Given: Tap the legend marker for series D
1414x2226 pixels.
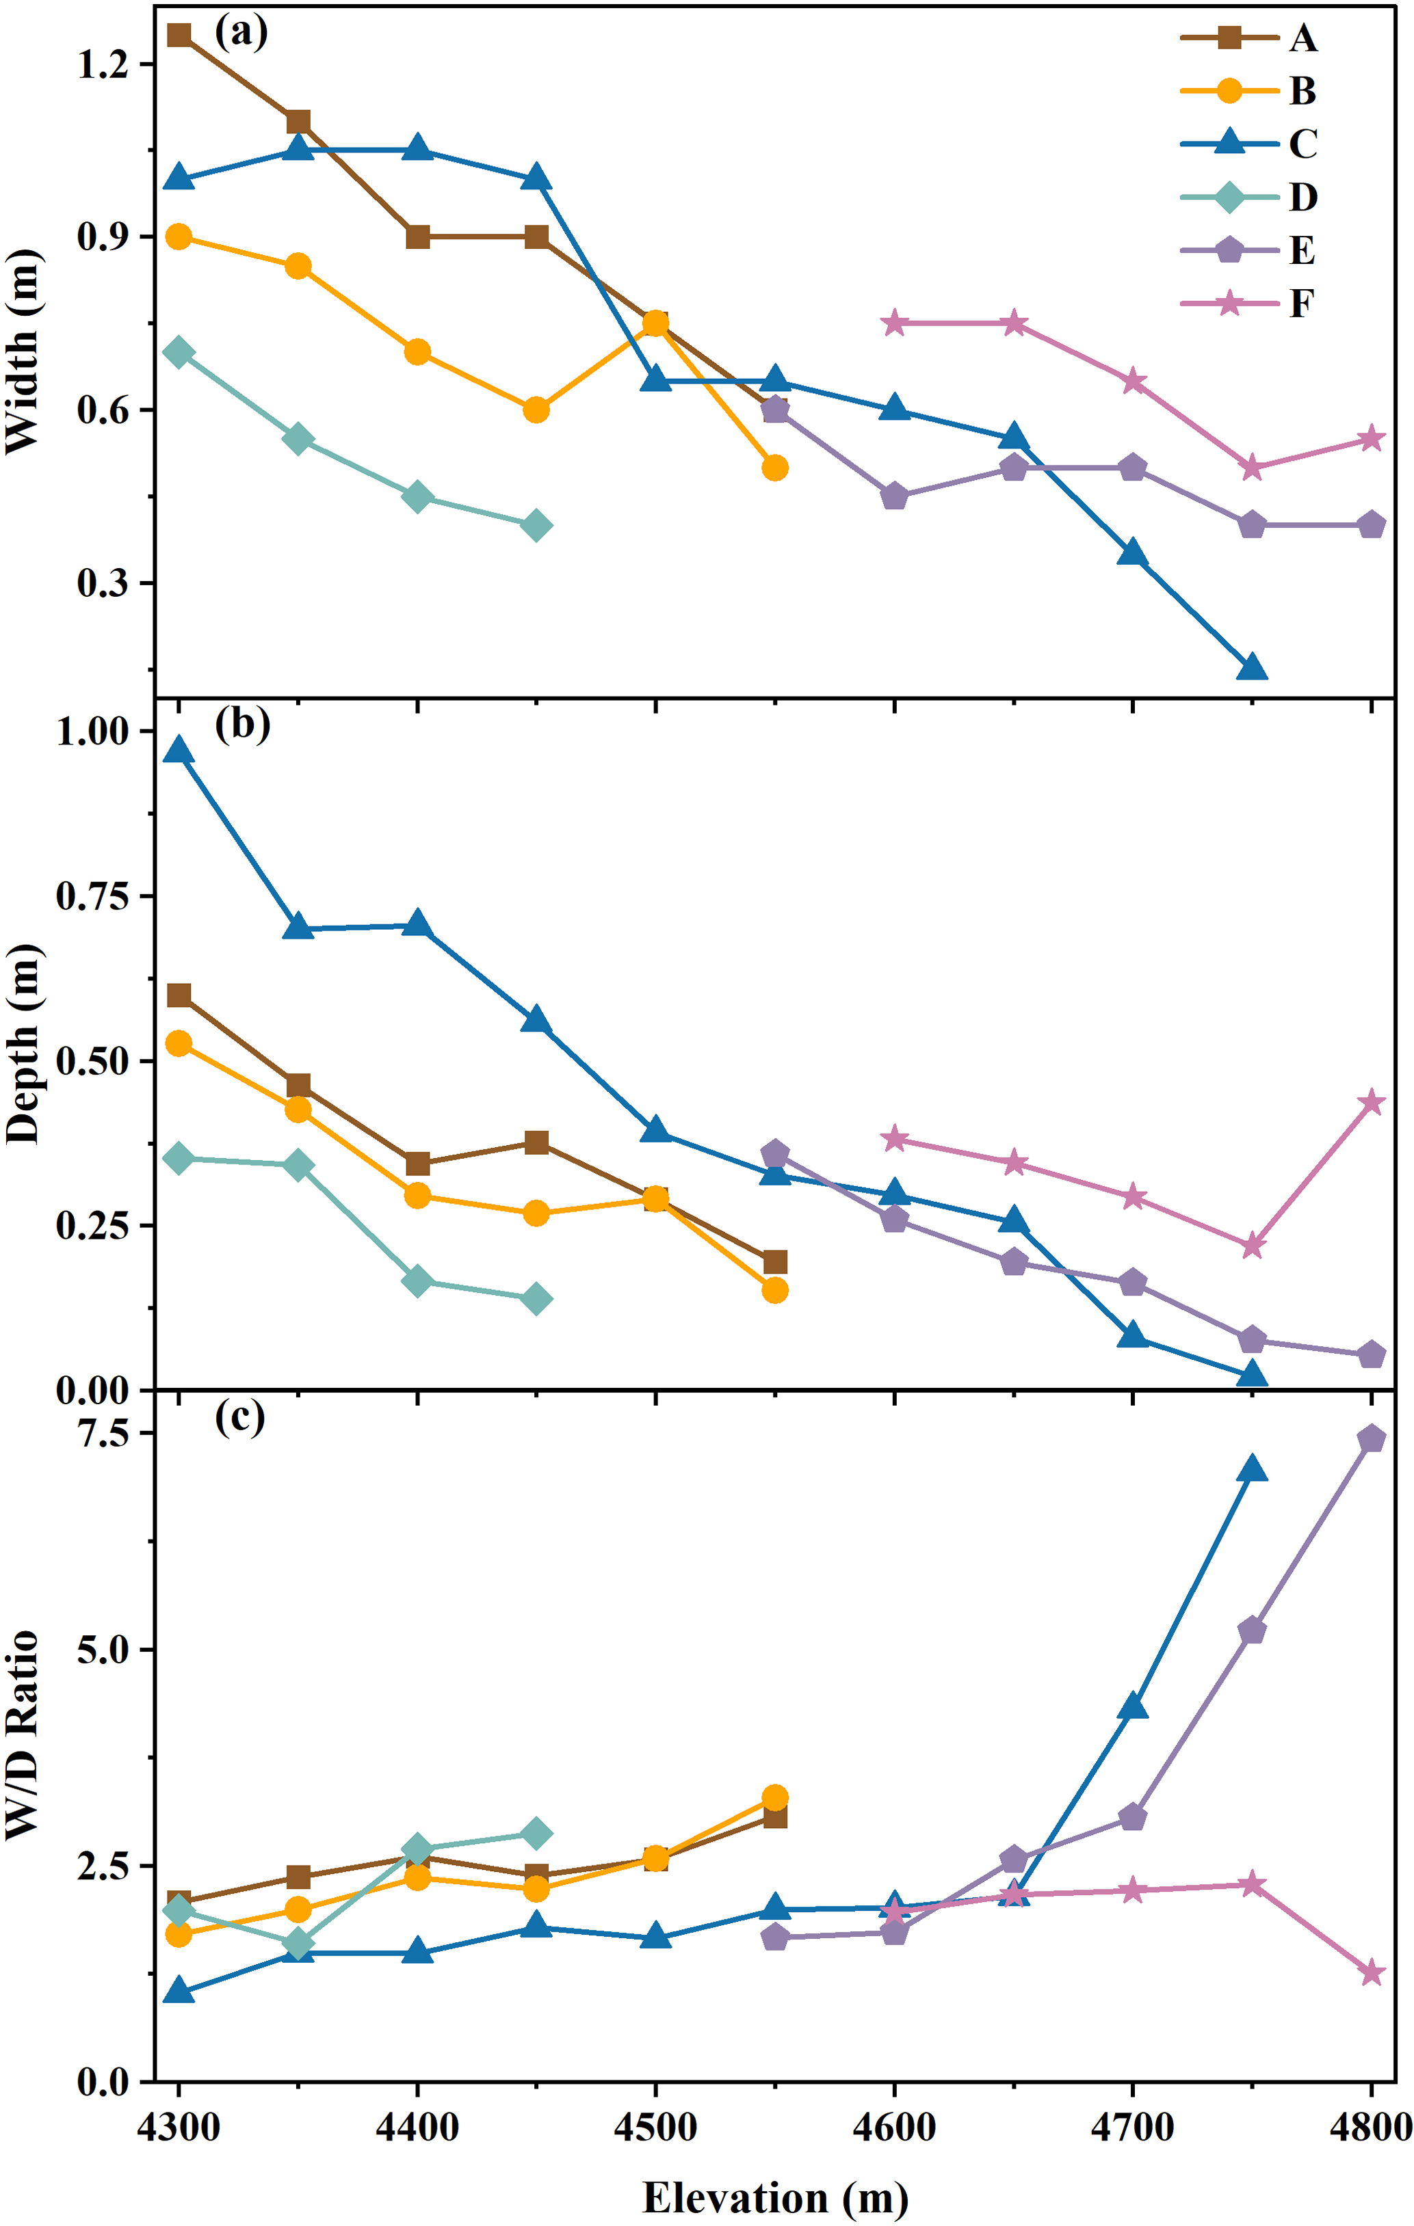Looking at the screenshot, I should point(1229,197).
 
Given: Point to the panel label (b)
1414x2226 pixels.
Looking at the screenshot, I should point(242,724).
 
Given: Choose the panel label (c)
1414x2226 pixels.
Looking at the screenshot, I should point(239,1417).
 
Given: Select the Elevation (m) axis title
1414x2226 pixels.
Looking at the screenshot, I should point(775,2197).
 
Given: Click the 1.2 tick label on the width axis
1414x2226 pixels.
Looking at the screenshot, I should point(102,65).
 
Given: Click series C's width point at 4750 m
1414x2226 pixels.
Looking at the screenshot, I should point(1251,667).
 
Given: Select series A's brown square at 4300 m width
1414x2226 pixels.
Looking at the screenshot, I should point(179,35).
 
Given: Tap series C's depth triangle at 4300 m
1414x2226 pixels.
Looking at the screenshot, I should point(179,751).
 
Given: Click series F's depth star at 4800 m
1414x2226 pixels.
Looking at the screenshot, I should point(1370,1102).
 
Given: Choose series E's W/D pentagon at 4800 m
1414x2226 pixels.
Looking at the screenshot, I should point(1370,1438).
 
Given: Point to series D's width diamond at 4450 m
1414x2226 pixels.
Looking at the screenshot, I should point(536,526).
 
